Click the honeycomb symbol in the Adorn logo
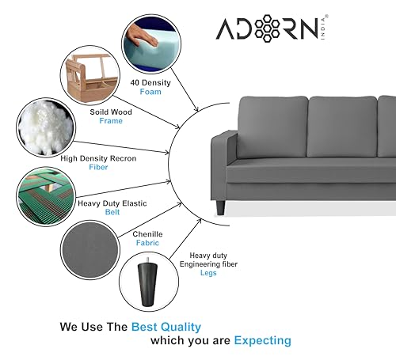[x=267, y=28]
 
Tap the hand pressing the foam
[x=142, y=36]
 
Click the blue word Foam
[x=150, y=92]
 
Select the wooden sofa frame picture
[x=90, y=76]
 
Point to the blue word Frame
[x=111, y=121]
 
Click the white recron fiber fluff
[x=45, y=127]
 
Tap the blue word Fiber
[x=98, y=167]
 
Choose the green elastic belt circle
[x=46, y=196]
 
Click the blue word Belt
[x=112, y=212]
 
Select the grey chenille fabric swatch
[x=90, y=250]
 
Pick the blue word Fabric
[x=147, y=243]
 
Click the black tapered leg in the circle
[x=147, y=282]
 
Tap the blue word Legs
[x=208, y=273]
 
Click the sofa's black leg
[x=220, y=207]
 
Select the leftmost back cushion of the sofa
[x=272, y=127]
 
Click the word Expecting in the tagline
[x=263, y=340]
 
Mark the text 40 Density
[x=150, y=83]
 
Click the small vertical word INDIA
[x=323, y=28]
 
